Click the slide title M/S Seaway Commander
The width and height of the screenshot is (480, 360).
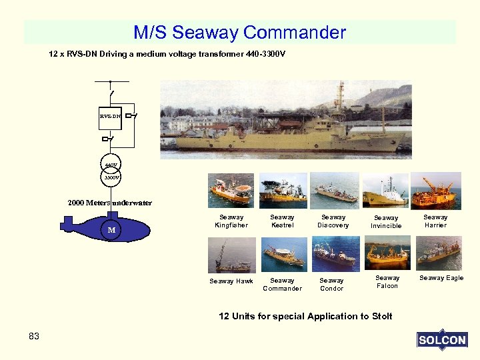(x=240, y=32)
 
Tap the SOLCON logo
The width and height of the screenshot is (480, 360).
(x=442, y=340)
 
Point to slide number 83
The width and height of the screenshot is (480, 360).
(x=34, y=336)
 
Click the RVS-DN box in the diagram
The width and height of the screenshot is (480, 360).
(x=110, y=116)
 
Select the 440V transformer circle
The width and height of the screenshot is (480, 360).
(x=111, y=164)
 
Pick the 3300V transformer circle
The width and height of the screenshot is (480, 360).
(x=111, y=177)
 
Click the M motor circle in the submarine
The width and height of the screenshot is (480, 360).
(x=112, y=230)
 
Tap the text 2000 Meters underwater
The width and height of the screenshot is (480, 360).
(x=109, y=203)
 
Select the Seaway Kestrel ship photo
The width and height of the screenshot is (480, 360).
(x=283, y=191)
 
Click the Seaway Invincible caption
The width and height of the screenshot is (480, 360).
(x=386, y=222)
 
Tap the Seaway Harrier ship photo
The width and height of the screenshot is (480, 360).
(x=435, y=191)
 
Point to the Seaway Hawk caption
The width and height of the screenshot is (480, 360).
(x=231, y=281)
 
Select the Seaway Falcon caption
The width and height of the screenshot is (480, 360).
(x=387, y=282)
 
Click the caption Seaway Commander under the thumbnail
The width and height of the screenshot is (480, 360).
(x=282, y=285)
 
